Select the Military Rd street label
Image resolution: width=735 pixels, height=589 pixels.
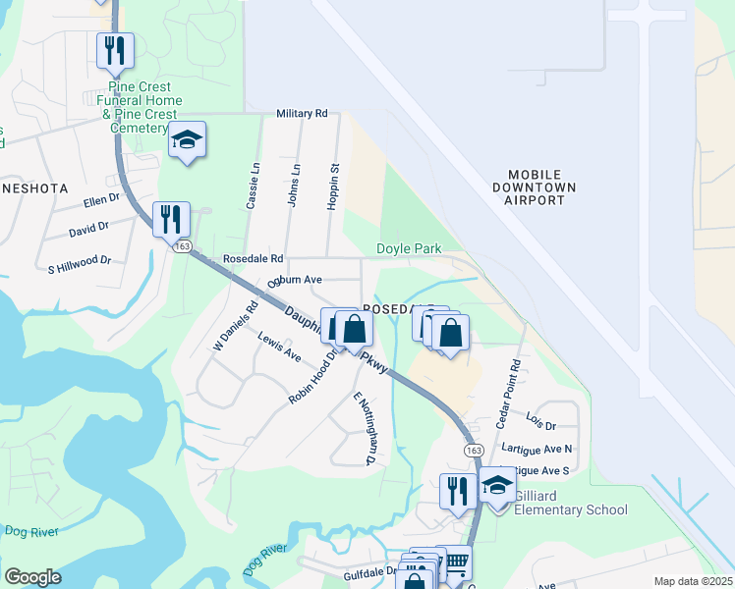click(x=302, y=114)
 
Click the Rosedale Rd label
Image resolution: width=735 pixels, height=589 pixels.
click(x=253, y=259)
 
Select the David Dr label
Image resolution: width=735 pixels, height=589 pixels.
click(x=88, y=228)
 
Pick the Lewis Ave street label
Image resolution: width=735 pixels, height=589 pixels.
click(x=279, y=347)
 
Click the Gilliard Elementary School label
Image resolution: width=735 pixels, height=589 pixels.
click(x=570, y=502)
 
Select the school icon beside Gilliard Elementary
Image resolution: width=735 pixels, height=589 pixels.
click(x=498, y=486)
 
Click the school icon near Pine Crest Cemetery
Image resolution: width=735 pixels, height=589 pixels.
click(x=187, y=140)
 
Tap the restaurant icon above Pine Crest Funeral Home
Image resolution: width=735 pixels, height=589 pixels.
click(x=115, y=51)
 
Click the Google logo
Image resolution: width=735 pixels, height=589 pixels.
click(x=32, y=577)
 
